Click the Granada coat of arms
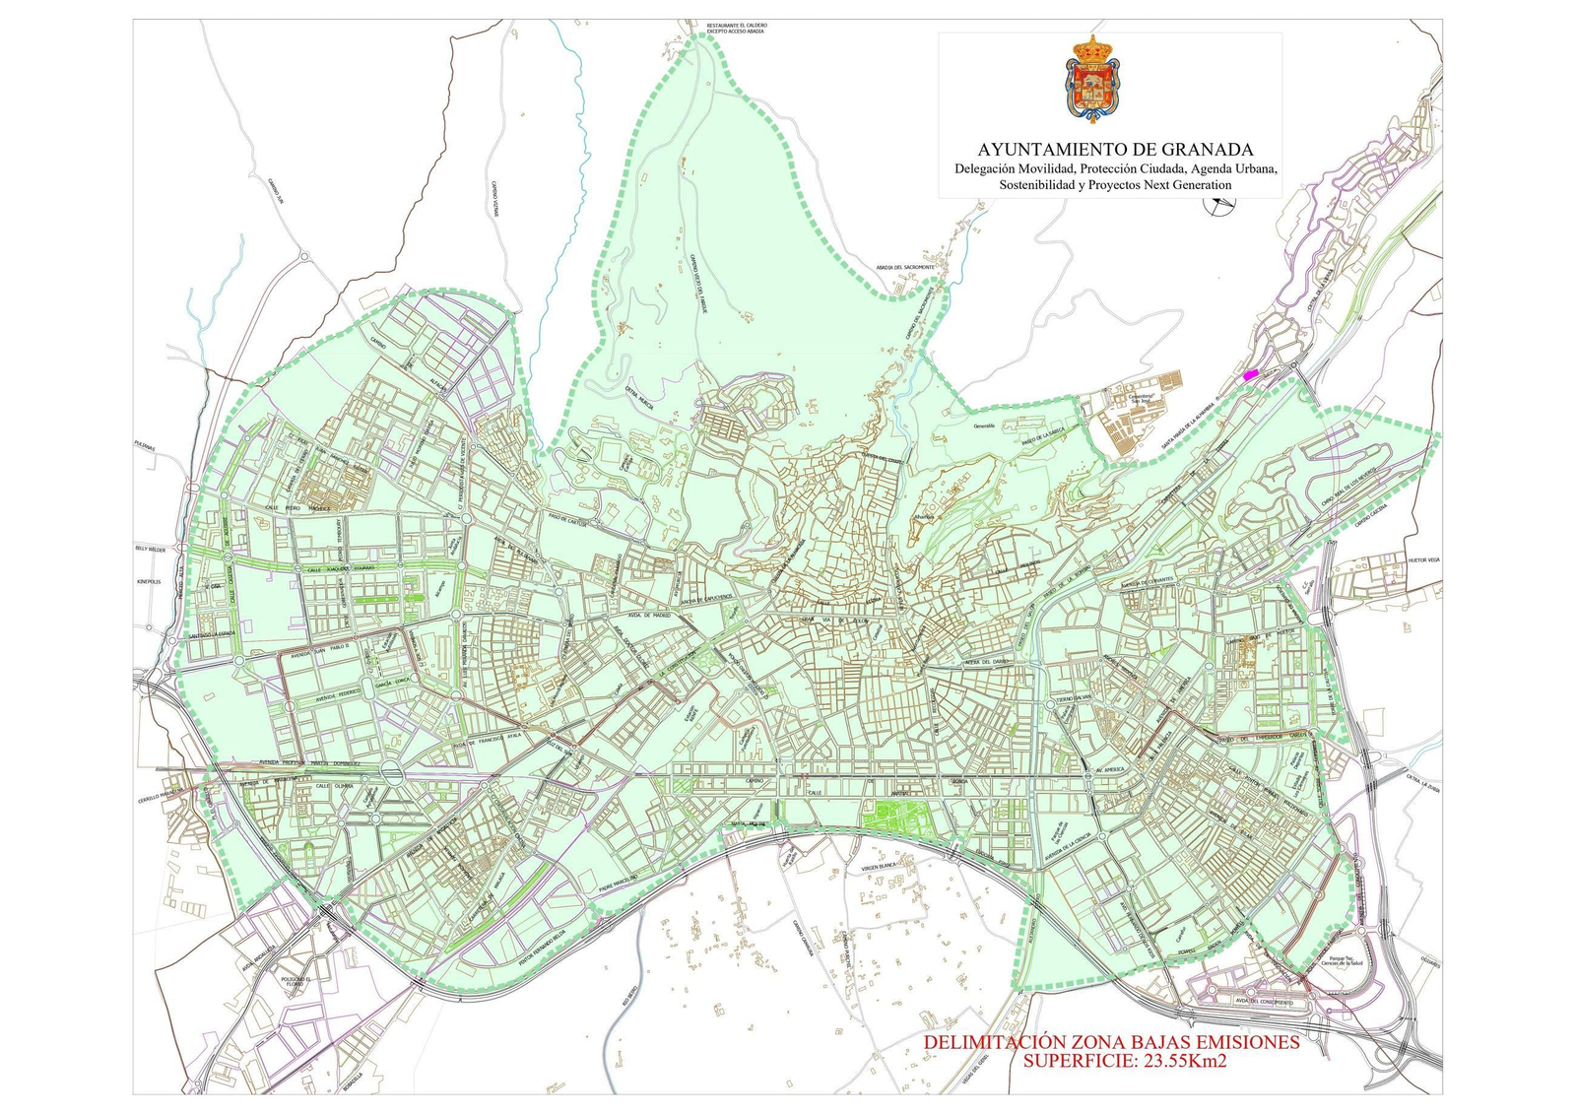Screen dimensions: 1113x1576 tap(1092, 79)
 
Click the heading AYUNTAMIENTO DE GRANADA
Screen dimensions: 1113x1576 tap(1115, 150)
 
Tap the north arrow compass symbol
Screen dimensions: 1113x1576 tap(1220, 205)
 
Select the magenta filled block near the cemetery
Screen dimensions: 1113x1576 tap(1251, 374)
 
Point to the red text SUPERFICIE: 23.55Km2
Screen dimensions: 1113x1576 tap(1124, 1061)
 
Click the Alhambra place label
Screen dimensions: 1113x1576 tap(923, 516)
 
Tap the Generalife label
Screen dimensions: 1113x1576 tap(984, 426)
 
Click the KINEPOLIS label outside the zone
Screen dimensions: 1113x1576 tap(148, 582)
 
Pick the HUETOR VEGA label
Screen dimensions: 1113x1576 tap(1423, 559)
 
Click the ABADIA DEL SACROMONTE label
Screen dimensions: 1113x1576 tap(904, 267)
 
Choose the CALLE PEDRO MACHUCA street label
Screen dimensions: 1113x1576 tap(295, 507)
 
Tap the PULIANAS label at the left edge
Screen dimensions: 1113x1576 tap(145, 445)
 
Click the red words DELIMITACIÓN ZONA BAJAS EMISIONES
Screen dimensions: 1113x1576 tap(1111, 1042)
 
